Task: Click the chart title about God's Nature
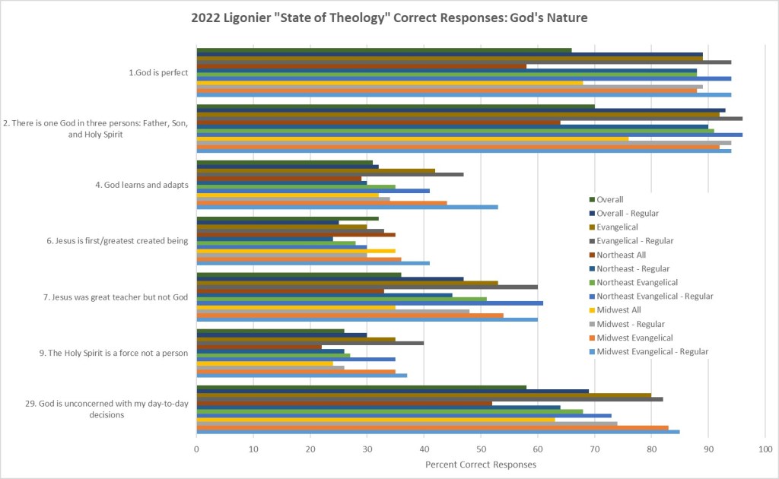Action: tap(389, 17)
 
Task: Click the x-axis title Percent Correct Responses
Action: tap(481, 464)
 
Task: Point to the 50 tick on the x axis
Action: tap(481, 449)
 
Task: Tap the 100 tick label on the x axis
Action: tap(765, 449)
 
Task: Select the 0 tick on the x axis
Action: tap(197, 449)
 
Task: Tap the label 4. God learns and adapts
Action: tap(150, 185)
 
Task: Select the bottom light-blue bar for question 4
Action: tap(347, 207)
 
